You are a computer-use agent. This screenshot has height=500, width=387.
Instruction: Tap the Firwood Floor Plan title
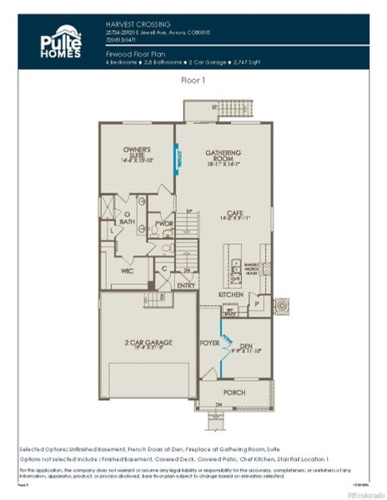pyautogui.click(x=133, y=52)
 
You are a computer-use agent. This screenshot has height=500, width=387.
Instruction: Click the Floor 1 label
pyautogui.click(x=193, y=82)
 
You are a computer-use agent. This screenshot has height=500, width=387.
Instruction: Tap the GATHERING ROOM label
pyautogui.click(x=223, y=157)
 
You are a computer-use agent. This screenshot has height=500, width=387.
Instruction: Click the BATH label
pyautogui.click(x=127, y=222)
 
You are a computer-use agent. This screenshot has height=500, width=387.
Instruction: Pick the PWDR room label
pyautogui.click(x=163, y=223)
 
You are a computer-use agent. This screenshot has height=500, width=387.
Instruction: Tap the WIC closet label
pyautogui.click(x=116, y=271)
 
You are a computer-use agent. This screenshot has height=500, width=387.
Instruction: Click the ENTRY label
pyautogui.click(x=186, y=286)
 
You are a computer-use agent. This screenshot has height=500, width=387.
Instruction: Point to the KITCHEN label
pyautogui.click(x=230, y=295)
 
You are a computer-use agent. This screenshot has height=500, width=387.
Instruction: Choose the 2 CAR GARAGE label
pyautogui.click(x=147, y=343)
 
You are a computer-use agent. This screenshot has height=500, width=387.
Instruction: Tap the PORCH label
pyautogui.click(x=234, y=391)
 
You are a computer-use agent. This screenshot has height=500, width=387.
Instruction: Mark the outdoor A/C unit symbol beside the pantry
pyautogui.click(x=280, y=304)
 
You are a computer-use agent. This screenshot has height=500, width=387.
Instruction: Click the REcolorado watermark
pyautogui.click(x=364, y=493)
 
